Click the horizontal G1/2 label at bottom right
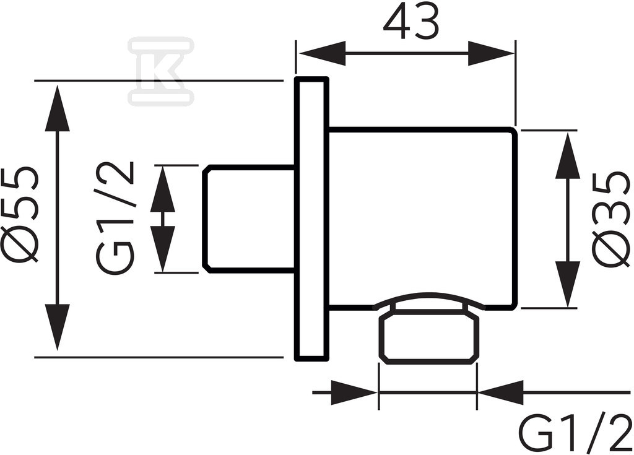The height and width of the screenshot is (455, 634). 575,432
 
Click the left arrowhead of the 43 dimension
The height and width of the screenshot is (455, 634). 322,53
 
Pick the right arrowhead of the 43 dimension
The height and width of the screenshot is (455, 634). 491,53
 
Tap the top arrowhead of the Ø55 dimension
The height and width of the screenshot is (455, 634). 58,108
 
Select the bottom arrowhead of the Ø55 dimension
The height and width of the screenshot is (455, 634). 58,327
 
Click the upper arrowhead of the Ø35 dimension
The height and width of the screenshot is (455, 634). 568,156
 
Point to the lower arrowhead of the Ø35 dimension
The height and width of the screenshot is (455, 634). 568,284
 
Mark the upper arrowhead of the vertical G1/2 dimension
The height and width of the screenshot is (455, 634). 163,189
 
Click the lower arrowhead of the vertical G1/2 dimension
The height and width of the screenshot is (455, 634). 163,249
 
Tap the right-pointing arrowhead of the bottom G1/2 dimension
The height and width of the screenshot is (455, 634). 355,392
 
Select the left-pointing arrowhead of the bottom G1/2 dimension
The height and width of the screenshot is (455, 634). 500,392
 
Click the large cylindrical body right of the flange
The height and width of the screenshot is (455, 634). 422,219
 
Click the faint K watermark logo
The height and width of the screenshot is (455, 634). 161,71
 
